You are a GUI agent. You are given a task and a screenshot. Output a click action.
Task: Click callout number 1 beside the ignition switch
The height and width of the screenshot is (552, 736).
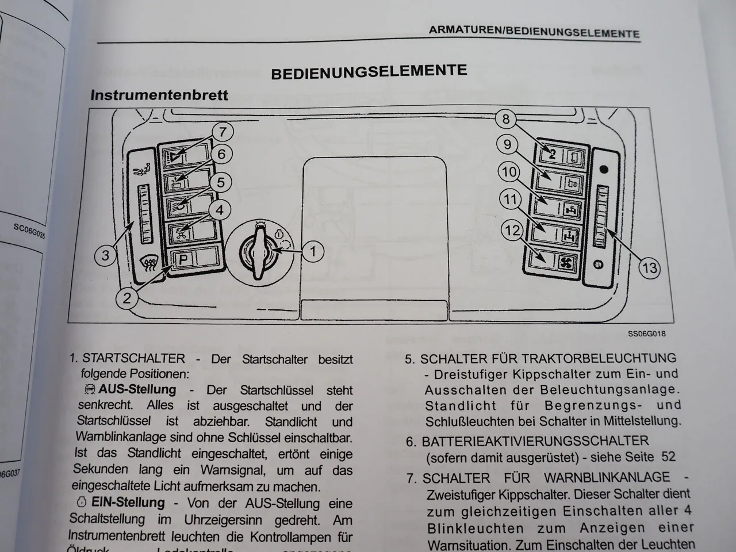(312, 251)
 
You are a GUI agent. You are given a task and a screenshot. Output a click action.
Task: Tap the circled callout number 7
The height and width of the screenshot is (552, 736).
(223, 132)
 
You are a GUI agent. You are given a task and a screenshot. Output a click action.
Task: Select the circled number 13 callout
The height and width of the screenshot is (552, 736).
(650, 267)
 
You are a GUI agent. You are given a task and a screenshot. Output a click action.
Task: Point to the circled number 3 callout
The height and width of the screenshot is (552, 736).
(105, 255)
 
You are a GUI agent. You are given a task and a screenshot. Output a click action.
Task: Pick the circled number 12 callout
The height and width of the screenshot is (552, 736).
(512, 231)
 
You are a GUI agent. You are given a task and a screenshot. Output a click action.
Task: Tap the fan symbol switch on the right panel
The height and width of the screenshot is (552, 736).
(566, 262)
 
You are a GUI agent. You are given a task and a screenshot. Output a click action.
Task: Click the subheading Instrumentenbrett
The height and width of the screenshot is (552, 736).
(159, 95)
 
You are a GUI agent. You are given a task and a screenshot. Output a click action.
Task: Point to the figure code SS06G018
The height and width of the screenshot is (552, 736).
(646, 333)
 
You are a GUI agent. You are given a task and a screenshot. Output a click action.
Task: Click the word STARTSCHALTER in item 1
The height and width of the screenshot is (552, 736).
(134, 359)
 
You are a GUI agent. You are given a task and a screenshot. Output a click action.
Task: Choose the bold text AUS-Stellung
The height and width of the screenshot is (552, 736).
(137, 389)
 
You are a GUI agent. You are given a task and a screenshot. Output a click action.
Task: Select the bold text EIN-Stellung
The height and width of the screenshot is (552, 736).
(136, 502)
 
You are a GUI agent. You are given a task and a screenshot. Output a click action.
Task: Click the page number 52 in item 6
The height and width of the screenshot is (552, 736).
(668, 457)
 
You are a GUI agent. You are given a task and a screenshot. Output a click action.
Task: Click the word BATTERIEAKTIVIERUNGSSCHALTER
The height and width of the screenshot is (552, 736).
(535, 441)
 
